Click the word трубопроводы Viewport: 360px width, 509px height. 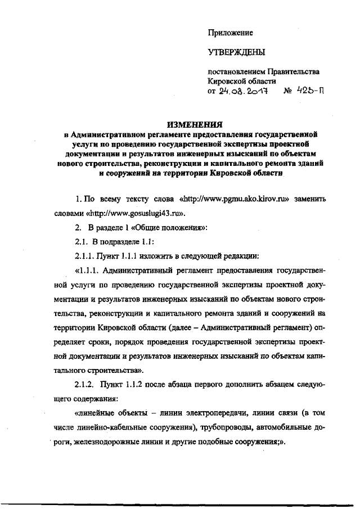222,429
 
